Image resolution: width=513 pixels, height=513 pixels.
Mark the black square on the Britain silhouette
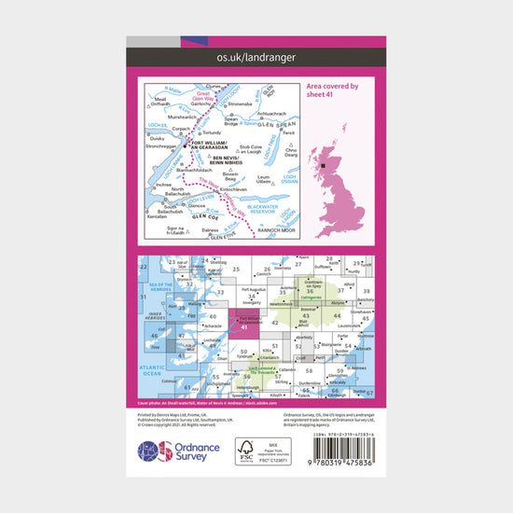(324, 164)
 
